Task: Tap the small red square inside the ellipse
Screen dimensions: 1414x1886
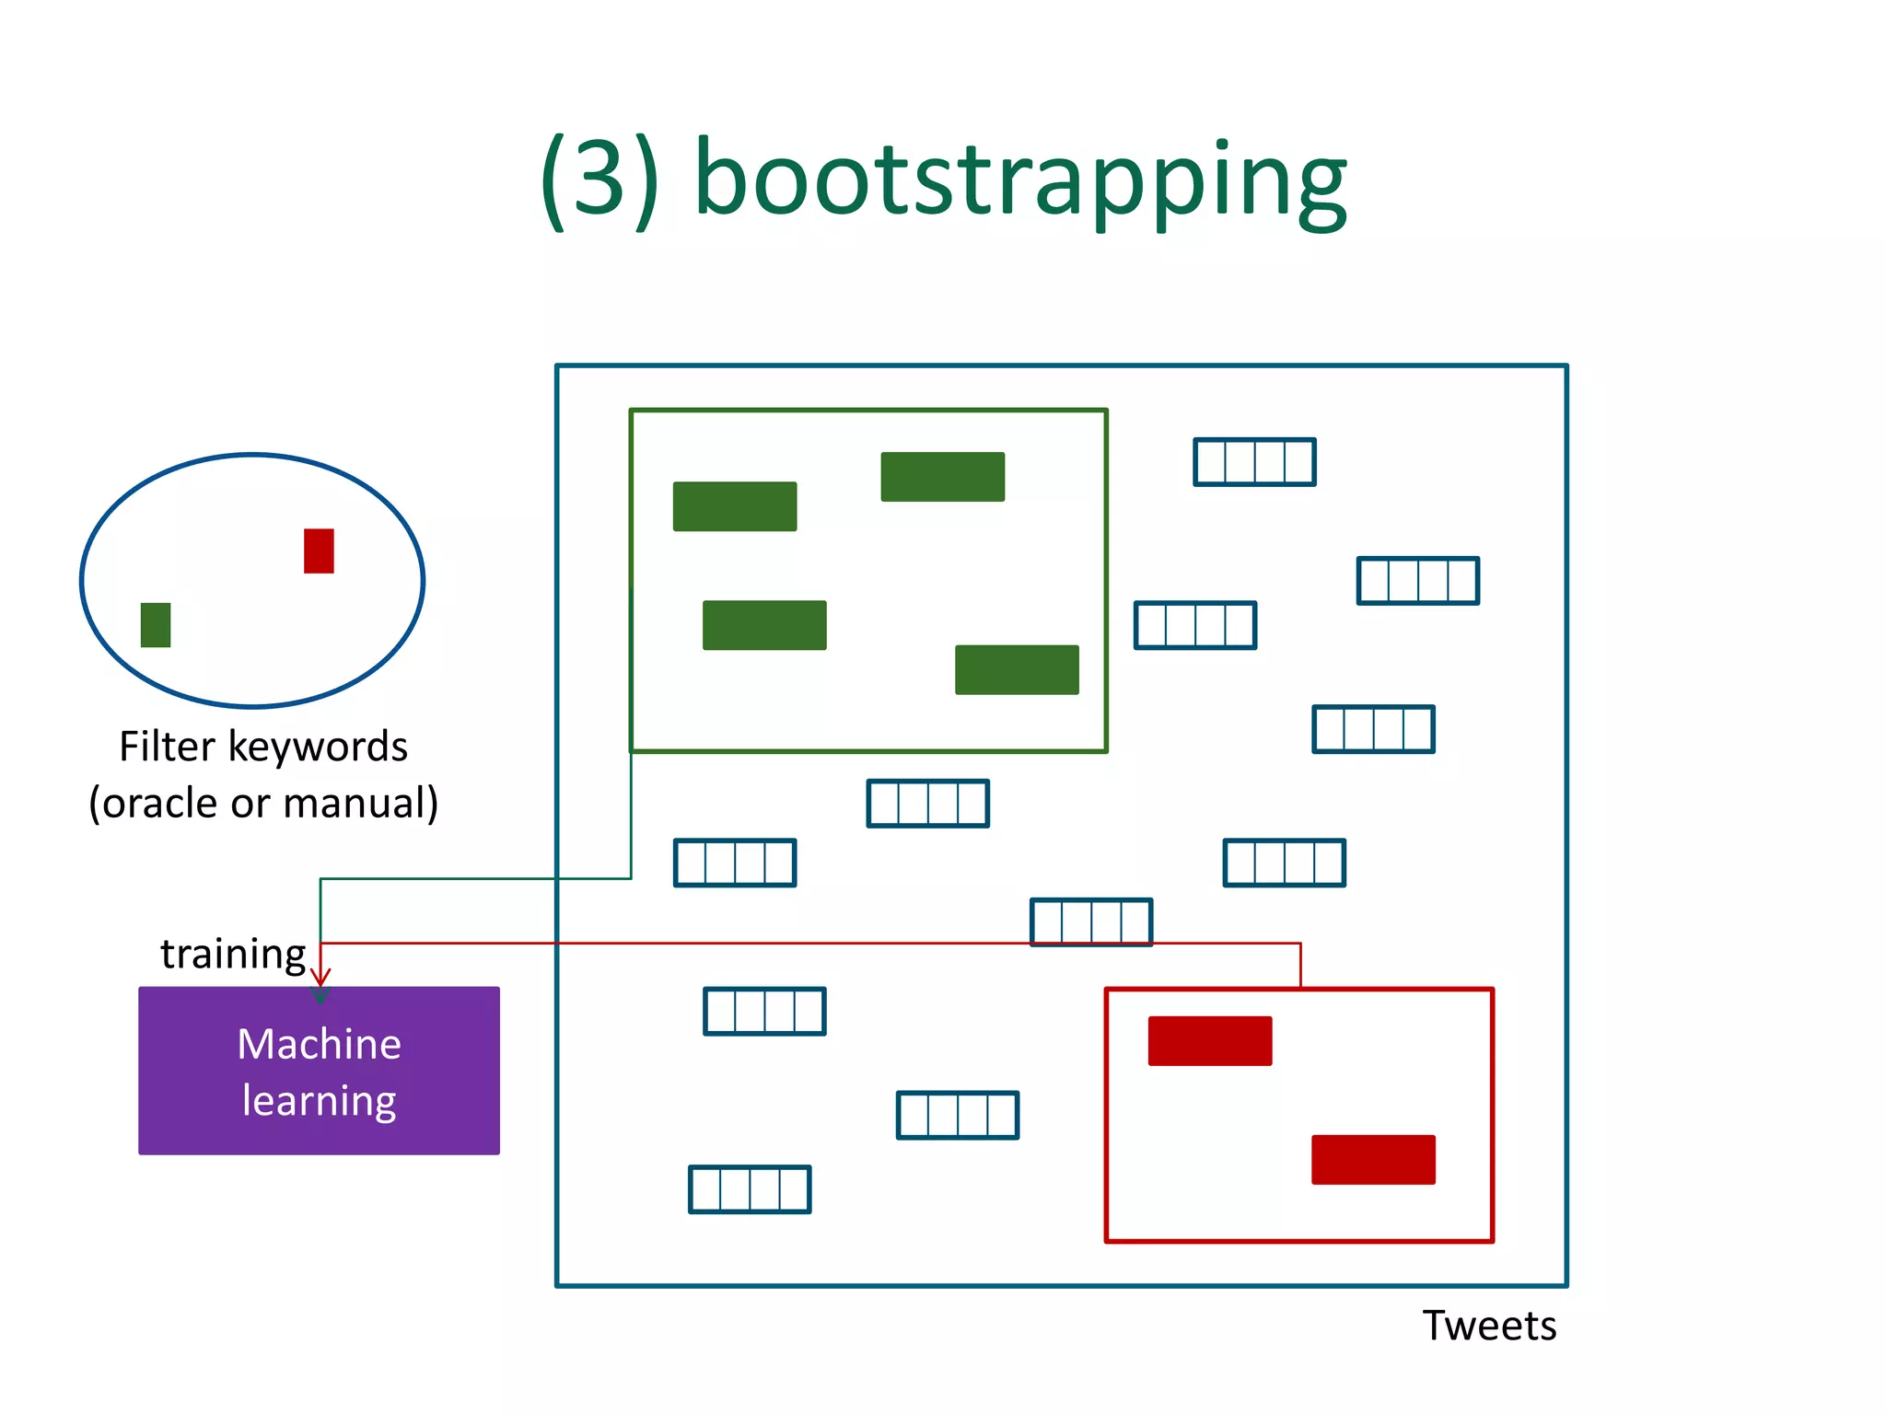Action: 319,551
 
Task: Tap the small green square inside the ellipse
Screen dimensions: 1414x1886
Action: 156,625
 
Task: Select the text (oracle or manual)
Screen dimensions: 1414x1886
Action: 263,803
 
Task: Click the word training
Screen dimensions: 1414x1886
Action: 233,954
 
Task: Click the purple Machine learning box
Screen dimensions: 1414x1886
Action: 319,1071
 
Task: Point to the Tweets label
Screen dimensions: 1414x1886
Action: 1489,1326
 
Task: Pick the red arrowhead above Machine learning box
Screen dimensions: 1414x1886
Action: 320,978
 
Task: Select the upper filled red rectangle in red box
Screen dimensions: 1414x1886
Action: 1210,1041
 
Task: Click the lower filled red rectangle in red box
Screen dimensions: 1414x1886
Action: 1373,1160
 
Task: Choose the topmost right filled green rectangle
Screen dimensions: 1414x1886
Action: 942,477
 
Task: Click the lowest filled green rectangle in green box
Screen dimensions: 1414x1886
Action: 1017,669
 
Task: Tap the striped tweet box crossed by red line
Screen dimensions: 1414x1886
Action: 1091,922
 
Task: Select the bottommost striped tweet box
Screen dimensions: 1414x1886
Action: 750,1189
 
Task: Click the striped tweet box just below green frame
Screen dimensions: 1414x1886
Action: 928,804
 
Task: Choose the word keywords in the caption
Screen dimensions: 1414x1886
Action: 318,746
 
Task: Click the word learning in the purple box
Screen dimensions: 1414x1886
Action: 319,1101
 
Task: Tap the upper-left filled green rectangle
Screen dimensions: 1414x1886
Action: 735,506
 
